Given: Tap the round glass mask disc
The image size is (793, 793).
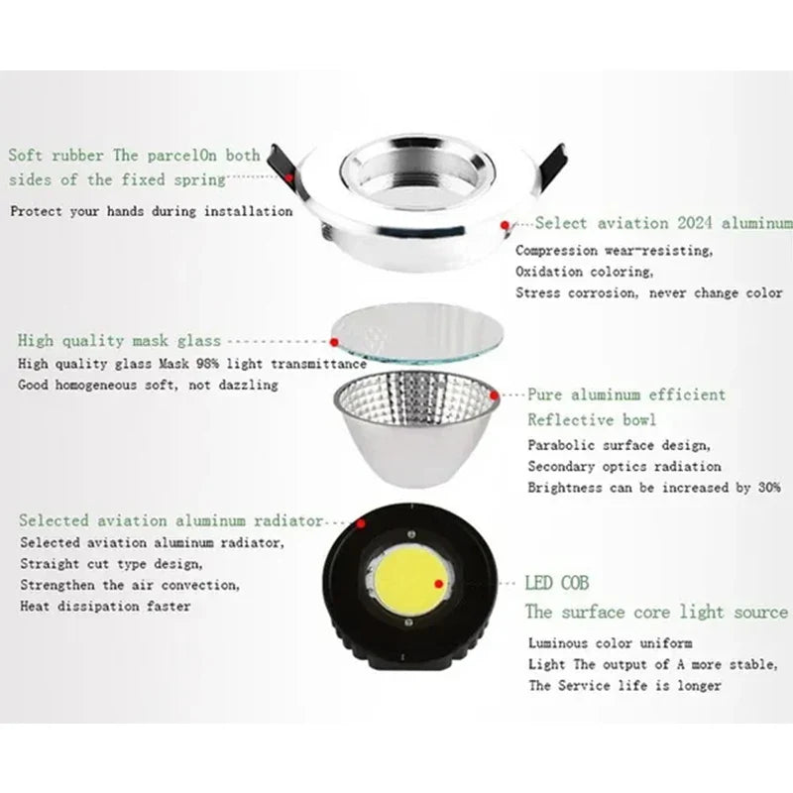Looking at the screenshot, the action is point(417,334).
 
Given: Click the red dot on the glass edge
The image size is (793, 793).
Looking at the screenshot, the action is point(334,342).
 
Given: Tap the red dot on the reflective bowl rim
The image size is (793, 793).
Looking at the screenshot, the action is point(494,395).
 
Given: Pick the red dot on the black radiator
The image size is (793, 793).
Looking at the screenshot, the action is point(361,523).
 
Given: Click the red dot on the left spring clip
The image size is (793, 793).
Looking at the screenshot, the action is point(288,177).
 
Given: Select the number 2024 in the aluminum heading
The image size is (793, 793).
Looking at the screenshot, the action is point(695,223).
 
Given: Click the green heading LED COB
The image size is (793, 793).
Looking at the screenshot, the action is point(557,583).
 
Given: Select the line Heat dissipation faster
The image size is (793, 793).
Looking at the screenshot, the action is point(105,606).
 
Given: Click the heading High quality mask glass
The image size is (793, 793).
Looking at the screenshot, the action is point(119,340).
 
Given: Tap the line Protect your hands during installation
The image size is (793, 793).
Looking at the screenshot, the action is point(152,211).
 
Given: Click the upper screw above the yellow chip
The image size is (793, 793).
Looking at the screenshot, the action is point(411,534).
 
